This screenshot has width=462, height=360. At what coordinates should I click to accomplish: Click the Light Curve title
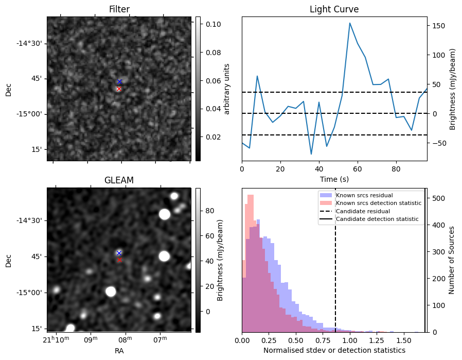tap(334, 9)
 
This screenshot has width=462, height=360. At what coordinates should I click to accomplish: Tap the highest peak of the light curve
tap(350, 23)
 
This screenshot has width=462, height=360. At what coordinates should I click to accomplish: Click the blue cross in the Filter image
tap(119, 82)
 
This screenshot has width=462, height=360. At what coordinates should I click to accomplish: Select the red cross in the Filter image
tap(119, 89)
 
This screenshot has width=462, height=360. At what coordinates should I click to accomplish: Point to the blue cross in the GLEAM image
tap(119, 253)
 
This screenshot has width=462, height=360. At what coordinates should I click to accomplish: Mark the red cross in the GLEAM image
tap(119, 260)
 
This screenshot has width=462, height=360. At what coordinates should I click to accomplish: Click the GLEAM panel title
tap(119, 180)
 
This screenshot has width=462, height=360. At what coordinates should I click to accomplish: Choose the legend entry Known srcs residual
tap(364, 195)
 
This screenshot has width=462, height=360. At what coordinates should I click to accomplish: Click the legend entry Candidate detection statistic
tap(377, 219)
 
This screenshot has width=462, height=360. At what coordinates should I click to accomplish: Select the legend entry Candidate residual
tap(363, 211)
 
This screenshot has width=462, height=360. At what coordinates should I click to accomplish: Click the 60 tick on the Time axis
tap(358, 169)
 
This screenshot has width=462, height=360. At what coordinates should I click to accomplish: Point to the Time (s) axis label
tap(334, 179)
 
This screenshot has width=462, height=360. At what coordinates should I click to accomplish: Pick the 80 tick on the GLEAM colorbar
tap(209, 211)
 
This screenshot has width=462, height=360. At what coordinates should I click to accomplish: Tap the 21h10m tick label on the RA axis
tap(56, 339)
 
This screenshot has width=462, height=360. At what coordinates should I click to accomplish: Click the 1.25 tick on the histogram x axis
tap(377, 340)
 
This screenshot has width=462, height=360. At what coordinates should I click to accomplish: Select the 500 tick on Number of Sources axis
tap(439, 198)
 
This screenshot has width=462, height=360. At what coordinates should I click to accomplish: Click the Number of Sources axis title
tap(451, 261)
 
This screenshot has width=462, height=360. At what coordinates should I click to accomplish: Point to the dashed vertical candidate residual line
tap(335, 260)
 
